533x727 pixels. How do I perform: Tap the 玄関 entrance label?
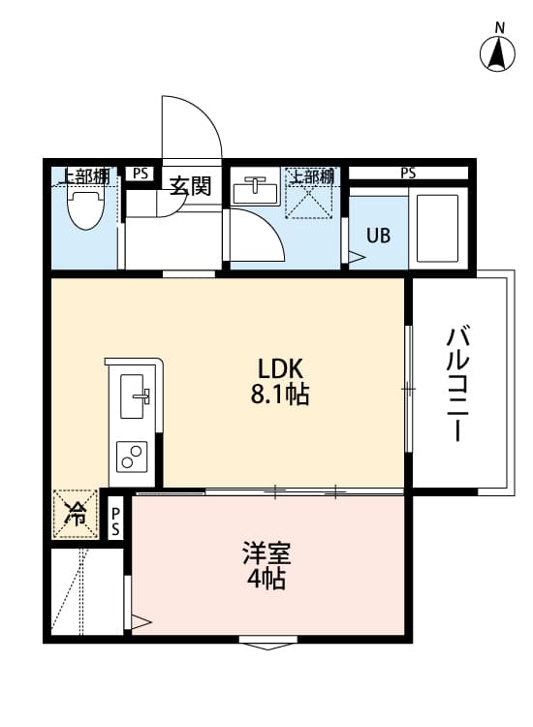[x=191, y=185]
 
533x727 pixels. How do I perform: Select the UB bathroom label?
[x=378, y=235]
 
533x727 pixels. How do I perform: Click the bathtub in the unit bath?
[x=438, y=229]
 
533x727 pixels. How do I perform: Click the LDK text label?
[x=281, y=368]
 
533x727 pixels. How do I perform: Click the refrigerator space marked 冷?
[x=75, y=515]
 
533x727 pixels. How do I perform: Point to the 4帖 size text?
[x=266, y=581]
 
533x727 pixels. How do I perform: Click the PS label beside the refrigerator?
[x=115, y=522]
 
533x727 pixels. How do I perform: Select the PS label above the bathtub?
[x=408, y=174]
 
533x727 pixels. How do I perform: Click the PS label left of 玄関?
[x=141, y=174]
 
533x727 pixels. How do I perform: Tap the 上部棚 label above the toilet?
[x=84, y=175]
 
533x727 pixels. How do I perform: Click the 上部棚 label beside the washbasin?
[x=313, y=175]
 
